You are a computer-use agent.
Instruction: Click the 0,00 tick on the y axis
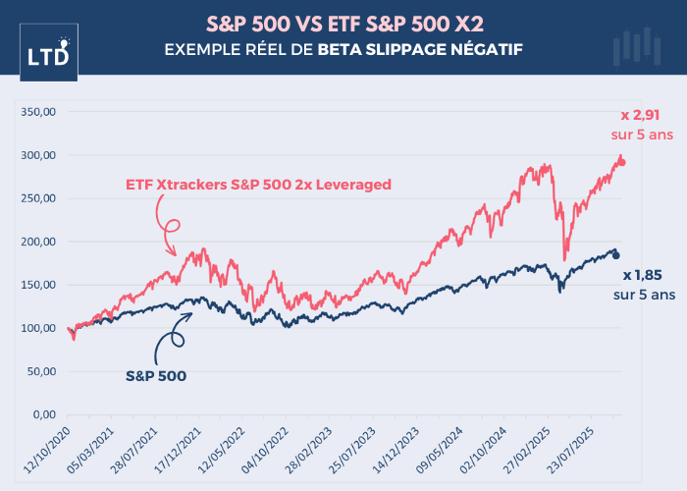coord(44,414)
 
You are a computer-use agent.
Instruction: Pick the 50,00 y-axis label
coord(40,371)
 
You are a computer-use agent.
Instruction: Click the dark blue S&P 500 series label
coord(158,374)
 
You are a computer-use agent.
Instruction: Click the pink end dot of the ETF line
coord(619,162)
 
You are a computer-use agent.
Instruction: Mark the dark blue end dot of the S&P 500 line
coord(615,255)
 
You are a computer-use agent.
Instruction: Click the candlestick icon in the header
coord(634,48)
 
